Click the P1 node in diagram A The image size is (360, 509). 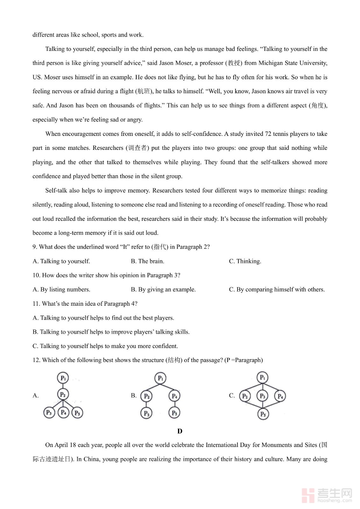click(x=63, y=378)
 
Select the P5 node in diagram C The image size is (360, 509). click(x=263, y=414)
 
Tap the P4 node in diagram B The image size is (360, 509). click(x=174, y=396)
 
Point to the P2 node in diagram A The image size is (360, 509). click(x=63, y=394)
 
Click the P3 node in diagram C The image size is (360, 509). click(x=262, y=396)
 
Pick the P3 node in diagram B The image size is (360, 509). click(x=146, y=413)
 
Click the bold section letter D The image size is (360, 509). click(x=180, y=431)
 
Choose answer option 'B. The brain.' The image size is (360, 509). click(x=147, y=261)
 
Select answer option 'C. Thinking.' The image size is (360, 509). click(x=245, y=261)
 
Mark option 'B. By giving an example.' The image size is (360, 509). click(x=163, y=289)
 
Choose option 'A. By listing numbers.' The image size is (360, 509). click(x=61, y=289)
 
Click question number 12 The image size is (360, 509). click(x=36, y=360)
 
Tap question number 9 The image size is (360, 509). click(x=35, y=247)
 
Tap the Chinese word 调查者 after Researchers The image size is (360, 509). click(x=137, y=148)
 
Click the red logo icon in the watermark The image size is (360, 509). click(x=308, y=495)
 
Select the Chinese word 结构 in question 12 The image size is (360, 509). click(x=174, y=360)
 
